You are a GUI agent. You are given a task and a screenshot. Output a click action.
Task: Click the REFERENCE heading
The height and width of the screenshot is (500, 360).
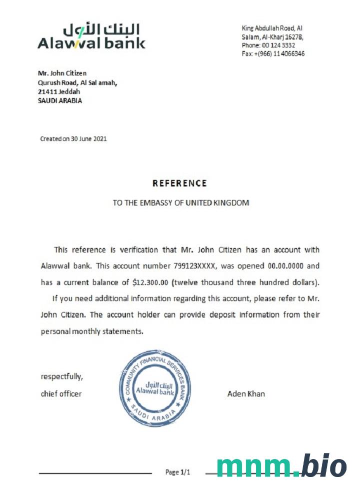[x=179, y=183]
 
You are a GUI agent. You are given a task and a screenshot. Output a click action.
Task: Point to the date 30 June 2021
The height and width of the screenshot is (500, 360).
[x=88, y=138]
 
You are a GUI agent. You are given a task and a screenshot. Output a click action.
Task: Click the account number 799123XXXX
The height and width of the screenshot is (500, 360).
[x=204, y=265]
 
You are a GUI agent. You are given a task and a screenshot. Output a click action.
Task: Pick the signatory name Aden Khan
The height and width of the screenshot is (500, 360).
[x=246, y=394]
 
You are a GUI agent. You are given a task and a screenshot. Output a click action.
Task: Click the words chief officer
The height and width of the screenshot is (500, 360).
[x=61, y=394]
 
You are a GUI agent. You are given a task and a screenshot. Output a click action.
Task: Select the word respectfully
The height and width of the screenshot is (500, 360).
[x=61, y=376]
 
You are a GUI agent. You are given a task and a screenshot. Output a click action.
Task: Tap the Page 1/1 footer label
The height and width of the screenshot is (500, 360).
[x=177, y=472]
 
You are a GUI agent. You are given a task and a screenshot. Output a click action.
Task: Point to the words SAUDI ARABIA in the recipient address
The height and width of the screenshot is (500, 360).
[x=60, y=100]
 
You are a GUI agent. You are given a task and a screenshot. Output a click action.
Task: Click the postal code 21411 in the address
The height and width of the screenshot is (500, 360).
[x=47, y=91]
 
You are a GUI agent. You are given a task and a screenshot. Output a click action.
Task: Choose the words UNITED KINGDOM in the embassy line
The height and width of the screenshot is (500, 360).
[x=217, y=203]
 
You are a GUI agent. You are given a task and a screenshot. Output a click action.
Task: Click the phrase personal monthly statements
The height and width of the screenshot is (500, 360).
[x=92, y=331]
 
